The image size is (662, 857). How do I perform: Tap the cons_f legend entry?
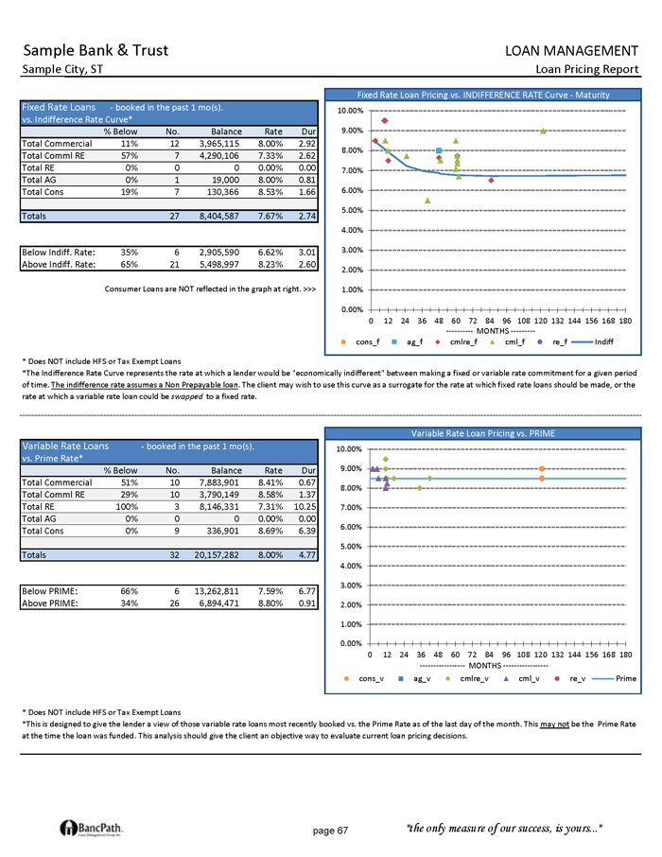click(363, 341)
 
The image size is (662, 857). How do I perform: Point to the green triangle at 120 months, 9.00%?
click(543, 131)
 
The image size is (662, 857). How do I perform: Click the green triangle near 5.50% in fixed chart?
click(427, 201)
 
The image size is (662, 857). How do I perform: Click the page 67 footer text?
click(330, 831)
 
